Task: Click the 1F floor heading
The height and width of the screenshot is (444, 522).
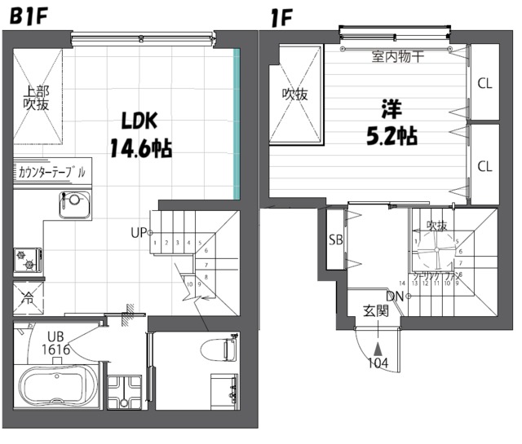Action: (x=281, y=14)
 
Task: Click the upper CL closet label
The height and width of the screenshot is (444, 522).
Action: (x=484, y=82)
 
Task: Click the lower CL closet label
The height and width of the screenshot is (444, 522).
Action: (x=484, y=166)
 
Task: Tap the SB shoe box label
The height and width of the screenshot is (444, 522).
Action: (x=335, y=240)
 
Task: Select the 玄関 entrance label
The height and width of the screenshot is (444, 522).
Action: (x=376, y=310)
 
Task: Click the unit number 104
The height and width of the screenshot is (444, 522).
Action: (x=378, y=363)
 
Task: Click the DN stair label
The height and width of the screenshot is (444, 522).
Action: (x=395, y=296)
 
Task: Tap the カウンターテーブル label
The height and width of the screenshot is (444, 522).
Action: (x=51, y=172)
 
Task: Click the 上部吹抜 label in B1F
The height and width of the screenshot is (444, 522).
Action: (x=36, y=98)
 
